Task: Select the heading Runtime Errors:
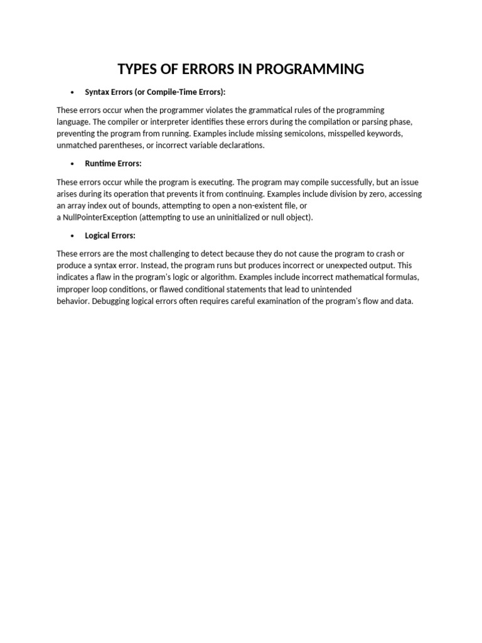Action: coord(113,164)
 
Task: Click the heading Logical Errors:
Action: coord(110,236)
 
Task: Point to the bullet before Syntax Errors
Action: coord(73,92)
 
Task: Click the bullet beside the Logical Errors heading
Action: coord(73,236)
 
